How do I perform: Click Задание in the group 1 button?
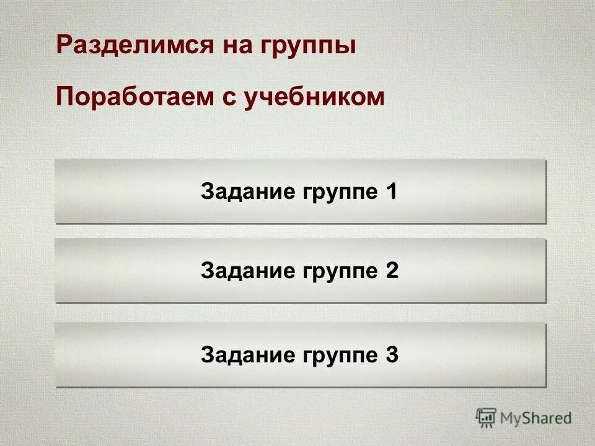[x=248, y=192]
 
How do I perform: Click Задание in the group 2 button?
[x=248, y=271]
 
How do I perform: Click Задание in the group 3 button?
[x=248, y=356]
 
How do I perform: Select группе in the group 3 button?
[x=340, y=357]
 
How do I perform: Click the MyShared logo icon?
[x=486, y=418]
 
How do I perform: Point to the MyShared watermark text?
[x=535, y=419]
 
